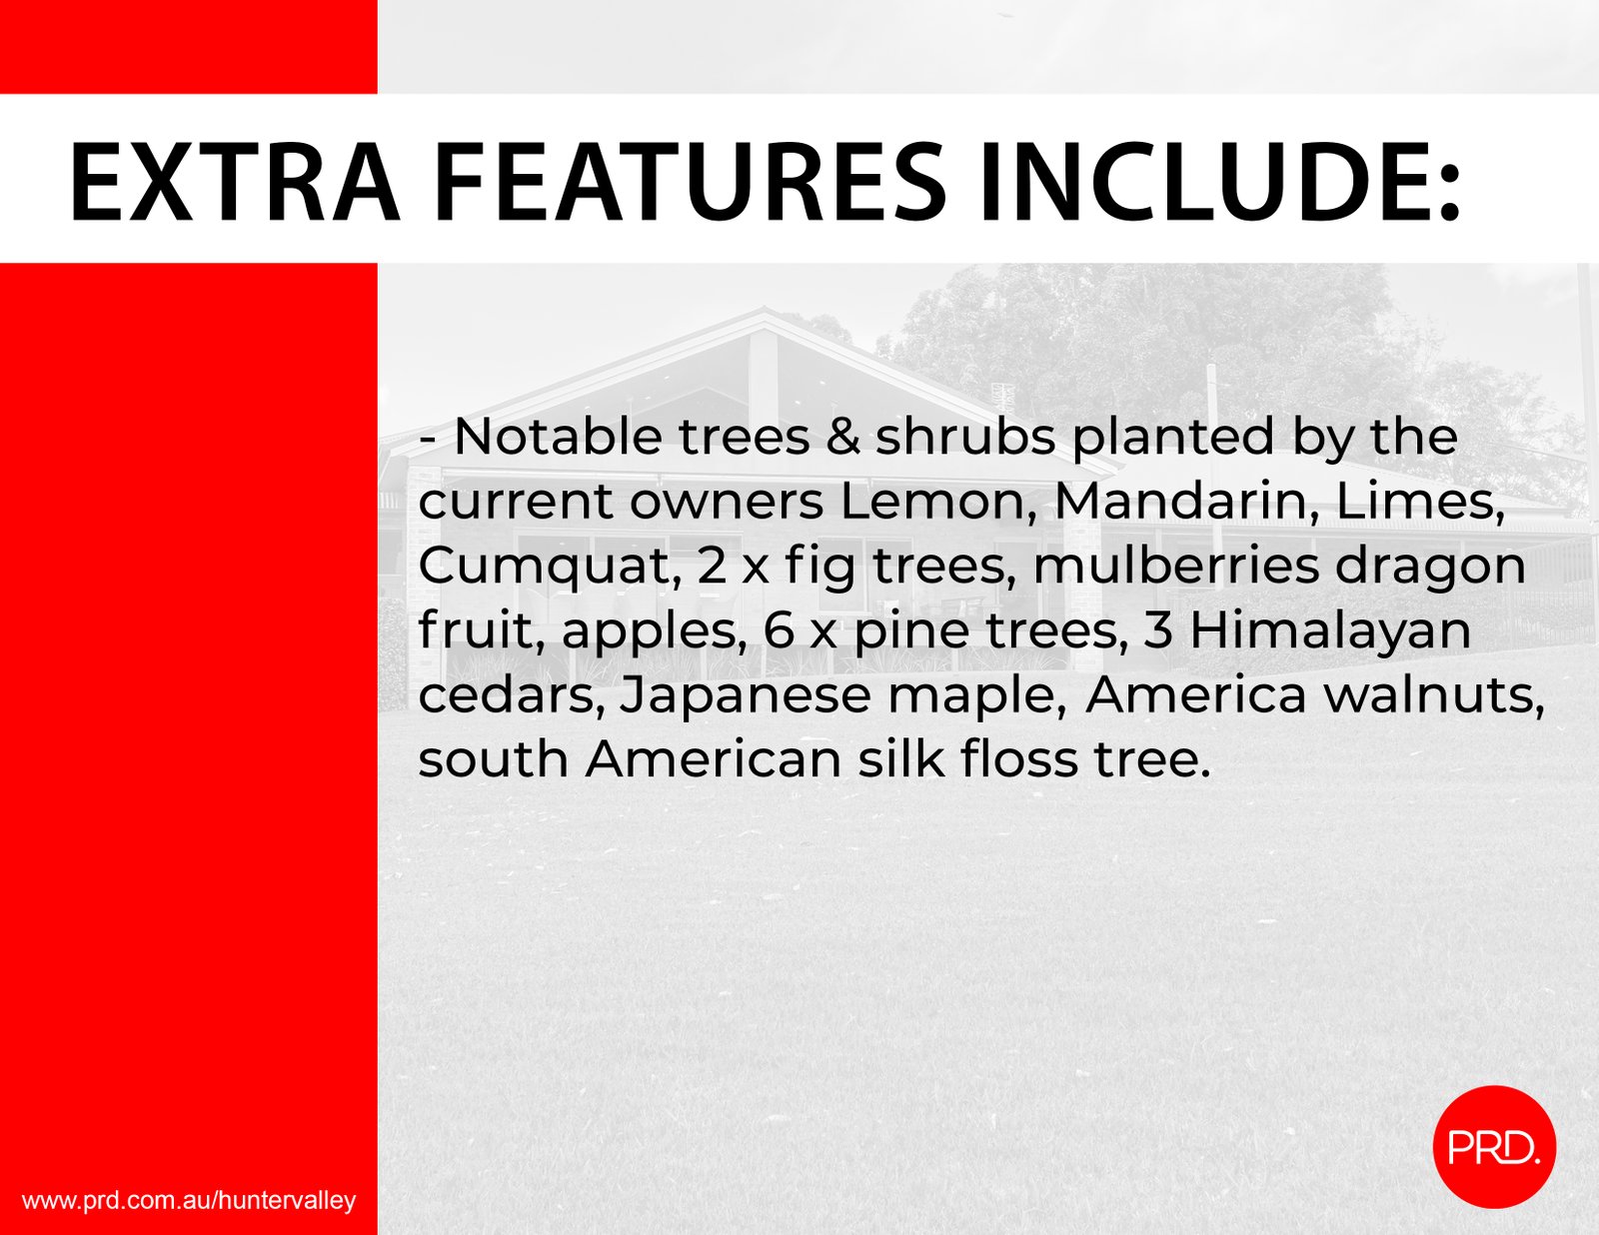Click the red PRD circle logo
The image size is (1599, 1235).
tap(1494, 1146)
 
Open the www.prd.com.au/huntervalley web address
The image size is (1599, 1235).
tap(189, 1200)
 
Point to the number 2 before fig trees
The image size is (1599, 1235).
tap(711, 567)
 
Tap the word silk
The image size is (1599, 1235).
tap(901, 759)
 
